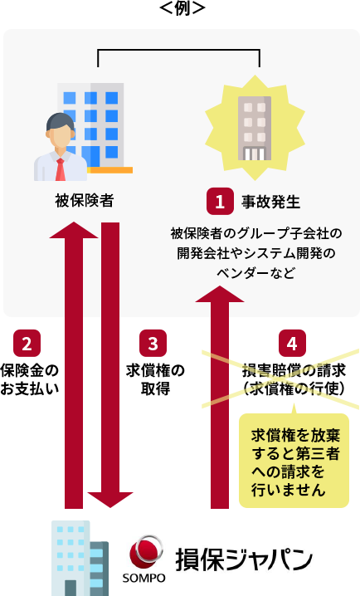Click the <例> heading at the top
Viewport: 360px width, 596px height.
tap(182, 7)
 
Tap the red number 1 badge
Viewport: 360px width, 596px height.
tap(220, 201)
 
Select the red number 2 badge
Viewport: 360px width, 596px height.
tap(27, 343)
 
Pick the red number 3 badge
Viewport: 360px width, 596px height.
tap(153, 343)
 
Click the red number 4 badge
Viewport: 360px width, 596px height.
tap(292, 343)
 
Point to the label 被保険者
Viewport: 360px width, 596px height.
tap(85, 200)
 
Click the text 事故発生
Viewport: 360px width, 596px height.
tap(270, 202)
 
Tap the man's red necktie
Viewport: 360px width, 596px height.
tap(60, 169)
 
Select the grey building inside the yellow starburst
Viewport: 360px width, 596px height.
tap(255, 128)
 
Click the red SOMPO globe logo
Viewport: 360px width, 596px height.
tap(146, 553)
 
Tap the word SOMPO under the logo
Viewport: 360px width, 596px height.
tap(144, 578)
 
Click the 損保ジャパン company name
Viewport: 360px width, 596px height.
tap(243, 559)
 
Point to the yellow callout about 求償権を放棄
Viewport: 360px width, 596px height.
tap(294, 461)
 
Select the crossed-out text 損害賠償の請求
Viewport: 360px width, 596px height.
tap(294, 370)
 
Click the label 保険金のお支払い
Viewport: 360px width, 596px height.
tap(30, 379)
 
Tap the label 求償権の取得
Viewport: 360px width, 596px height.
tap(155, 379)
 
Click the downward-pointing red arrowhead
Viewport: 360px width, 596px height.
tap(110, 500)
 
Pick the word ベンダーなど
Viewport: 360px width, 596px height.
tap(255, 272)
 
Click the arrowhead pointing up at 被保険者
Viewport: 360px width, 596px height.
tap(74, 230)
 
